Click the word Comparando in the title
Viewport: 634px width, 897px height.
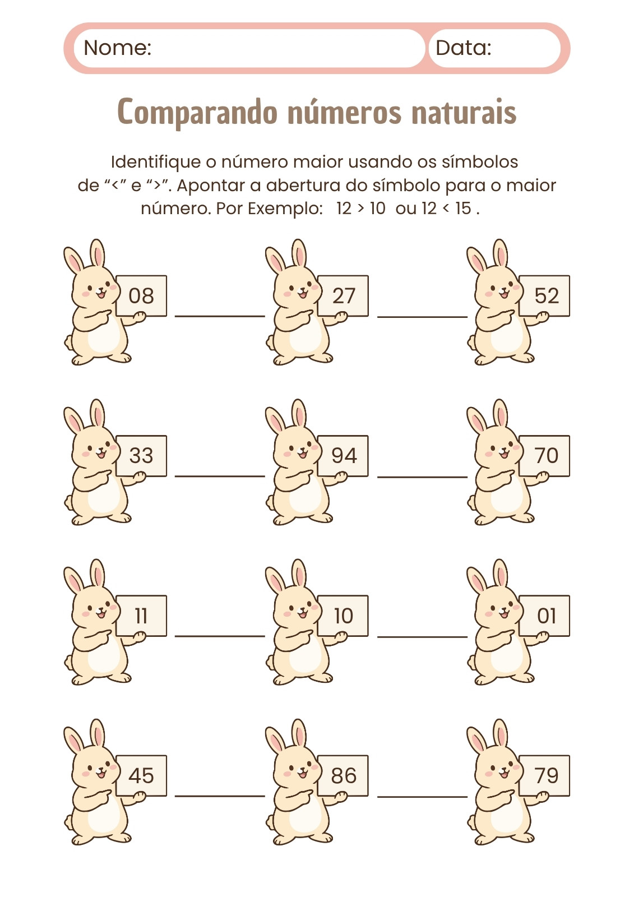click(x=197, y=113)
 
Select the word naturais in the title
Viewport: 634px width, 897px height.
click(x=464, y=113)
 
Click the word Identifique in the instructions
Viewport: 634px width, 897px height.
click(x=156, y=162)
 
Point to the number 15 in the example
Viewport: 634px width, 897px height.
click(x=463, y=208)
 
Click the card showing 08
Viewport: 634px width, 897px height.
click(x=141, y=295)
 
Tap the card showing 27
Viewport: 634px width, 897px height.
click(x=343, y=295)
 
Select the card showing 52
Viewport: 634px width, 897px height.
click(x=545, y=295)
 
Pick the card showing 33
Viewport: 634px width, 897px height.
click(x=141, y=456)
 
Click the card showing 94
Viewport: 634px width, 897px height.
click(x=343, y=456)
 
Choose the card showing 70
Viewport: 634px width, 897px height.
click(x=545, y=456)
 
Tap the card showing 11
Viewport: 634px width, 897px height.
click(x=141, y=616)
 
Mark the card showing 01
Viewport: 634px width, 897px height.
click(x=545, y=616)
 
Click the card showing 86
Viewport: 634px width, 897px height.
click(x=343, y=776)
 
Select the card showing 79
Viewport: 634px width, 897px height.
click(x=545, y=776)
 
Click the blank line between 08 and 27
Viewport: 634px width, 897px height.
click(x=220, y=316)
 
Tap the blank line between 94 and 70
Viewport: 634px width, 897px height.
click(x=422, y=477)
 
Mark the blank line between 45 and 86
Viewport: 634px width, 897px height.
click(x=220, y=797)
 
